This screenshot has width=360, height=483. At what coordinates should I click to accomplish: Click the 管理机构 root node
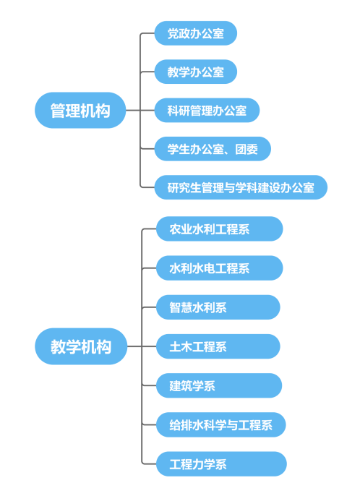tap(80, 110)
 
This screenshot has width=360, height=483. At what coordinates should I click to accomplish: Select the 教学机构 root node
tap(81, 346)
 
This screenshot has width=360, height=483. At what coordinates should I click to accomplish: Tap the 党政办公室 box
tap(196, 33)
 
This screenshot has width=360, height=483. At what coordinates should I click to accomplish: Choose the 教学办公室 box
tap(196, 72)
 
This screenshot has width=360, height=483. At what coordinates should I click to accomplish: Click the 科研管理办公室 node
tap(207, 111)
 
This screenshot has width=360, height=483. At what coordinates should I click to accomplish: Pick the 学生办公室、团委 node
tap(213, 149)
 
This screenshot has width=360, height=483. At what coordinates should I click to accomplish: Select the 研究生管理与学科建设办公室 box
tap(241, 187)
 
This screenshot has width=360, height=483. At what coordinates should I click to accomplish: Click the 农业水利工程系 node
tap(220, 229)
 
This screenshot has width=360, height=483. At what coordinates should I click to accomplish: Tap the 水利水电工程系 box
tap(220, 268)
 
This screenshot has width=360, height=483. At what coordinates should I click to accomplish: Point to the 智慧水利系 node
tap(218, 307)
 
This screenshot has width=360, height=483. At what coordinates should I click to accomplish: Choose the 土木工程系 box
tap(218, 346)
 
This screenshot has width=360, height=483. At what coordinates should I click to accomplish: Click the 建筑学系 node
tap(219, 385)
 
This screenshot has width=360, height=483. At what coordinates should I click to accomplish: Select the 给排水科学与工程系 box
tap(221, 424)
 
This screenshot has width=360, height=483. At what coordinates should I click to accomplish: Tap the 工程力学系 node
tap(221, 463)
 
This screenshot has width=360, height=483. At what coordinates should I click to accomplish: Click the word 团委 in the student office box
tap(247, 149)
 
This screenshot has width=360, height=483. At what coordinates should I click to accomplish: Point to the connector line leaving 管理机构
tap(133, 111)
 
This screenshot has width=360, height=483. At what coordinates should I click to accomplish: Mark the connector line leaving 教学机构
tap(134, 346)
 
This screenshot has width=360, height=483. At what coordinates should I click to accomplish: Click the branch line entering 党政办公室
tap(147, 33)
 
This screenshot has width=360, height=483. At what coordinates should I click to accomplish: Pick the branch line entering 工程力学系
tap(150, 463)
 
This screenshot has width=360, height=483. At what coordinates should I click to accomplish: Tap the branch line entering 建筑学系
tap(150, 385)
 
